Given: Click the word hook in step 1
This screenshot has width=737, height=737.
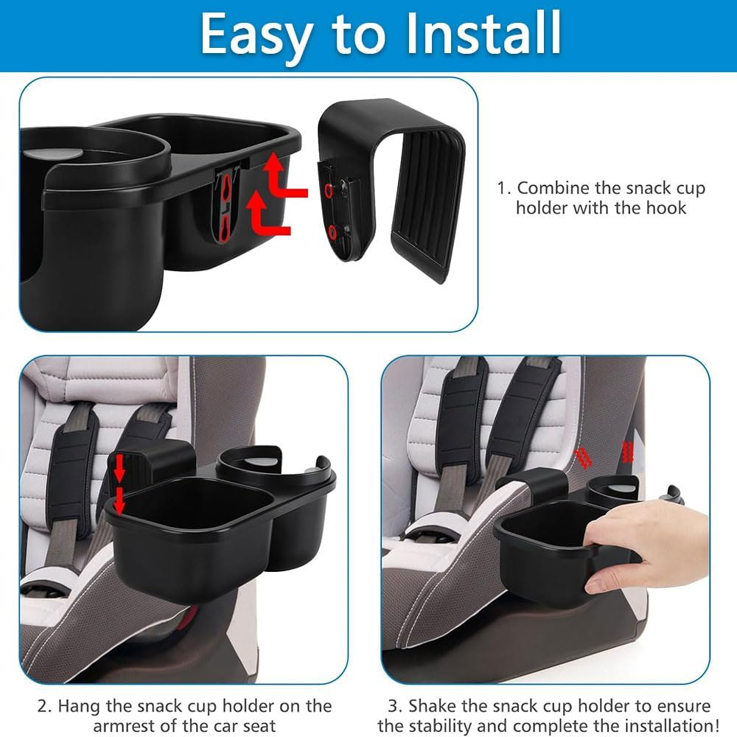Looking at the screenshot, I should tap(663, 208).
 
